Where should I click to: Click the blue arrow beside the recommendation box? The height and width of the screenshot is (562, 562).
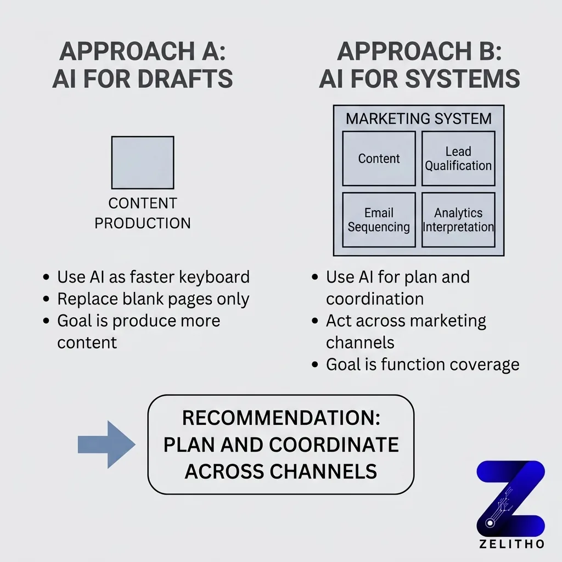coord(106,444)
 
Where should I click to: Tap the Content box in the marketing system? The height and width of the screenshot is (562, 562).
coord(379,159)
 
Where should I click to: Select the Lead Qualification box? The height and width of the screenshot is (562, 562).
coord(458,159)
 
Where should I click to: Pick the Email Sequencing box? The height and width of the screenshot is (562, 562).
coord(379,220)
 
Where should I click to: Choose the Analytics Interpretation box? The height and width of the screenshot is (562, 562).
coord(458,220)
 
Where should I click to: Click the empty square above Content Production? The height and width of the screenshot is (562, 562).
coord(143,162)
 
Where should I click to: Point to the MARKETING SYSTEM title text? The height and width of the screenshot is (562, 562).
coord(419,119)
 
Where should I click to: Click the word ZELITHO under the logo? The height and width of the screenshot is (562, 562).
coord(510,544)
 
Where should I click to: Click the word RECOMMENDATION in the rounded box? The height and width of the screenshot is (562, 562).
coord(281,418)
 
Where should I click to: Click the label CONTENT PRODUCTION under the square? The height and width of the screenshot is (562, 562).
coord(143,213)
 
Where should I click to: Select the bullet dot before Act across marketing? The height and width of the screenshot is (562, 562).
coord(315,321)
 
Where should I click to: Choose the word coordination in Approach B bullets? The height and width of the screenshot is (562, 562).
coord(375,299)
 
